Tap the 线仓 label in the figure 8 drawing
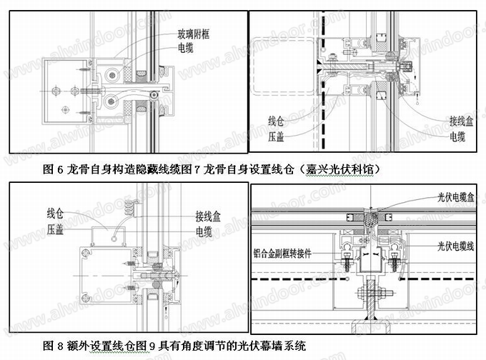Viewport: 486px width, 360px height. pyautogui.click(x=56, y=211)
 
